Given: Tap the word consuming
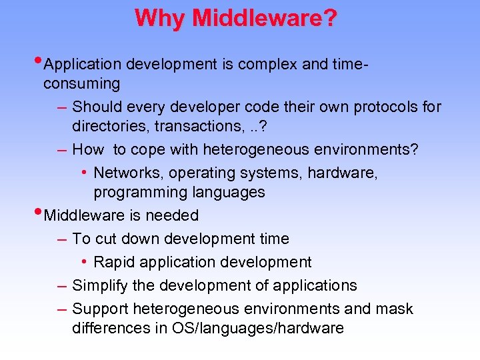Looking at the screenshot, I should pos(81,84).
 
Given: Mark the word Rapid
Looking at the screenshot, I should pos(115,262).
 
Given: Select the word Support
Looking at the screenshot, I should pos(100,309).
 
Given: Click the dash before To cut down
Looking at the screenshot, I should pos(61,239).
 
